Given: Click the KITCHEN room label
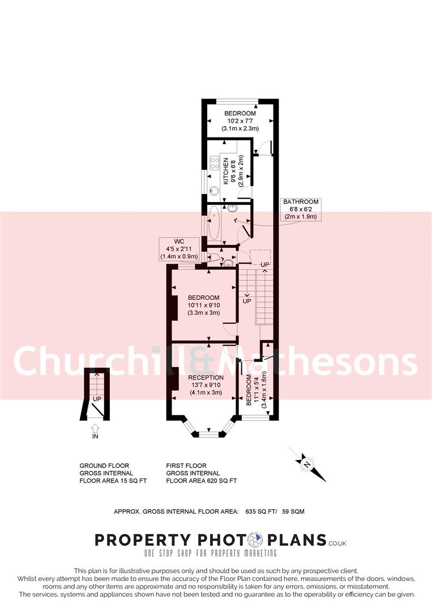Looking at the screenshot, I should coord(226,171).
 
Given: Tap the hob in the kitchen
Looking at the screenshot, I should coord(215,164).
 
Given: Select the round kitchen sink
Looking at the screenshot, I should coord(215,190).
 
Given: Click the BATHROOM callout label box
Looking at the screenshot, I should coord(301,209).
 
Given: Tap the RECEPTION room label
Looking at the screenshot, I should coord(206,377).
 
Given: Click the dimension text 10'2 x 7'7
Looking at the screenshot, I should coord(240,121).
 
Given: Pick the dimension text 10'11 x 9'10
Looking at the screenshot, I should coord(204,306).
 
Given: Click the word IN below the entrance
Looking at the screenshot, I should coord(95,437).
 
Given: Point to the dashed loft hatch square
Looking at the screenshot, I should coord(260,256).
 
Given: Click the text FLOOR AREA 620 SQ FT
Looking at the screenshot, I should coord(201,481).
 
